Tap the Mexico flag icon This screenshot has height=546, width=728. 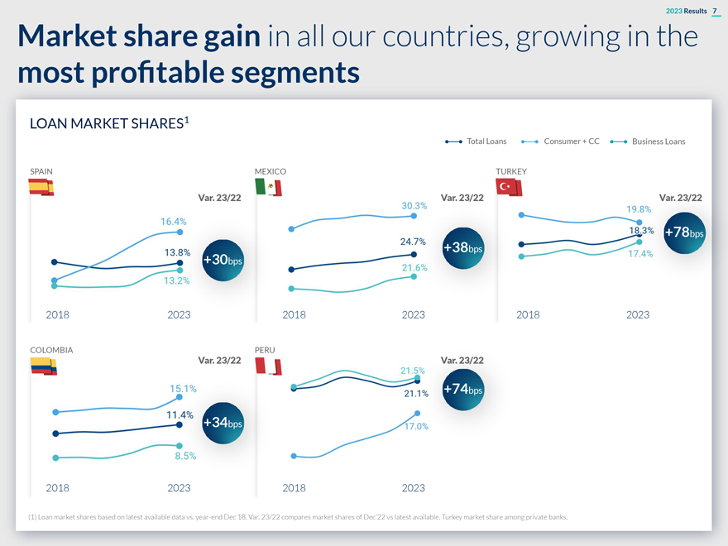(268, 188)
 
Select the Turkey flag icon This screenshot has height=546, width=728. (508, 188)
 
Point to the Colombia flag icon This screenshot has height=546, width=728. (43, 366)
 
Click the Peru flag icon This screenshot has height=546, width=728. (268, 366)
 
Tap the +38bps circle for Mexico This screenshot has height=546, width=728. (463, 248)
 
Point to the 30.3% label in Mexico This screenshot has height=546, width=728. (414, 205)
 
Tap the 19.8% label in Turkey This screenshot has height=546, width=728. (639, 209)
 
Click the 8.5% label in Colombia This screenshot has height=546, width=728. (184, 456)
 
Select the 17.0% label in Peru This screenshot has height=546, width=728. (415, 426)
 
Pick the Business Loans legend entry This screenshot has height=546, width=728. (648, 141)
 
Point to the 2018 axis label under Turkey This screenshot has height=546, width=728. (528, 314)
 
